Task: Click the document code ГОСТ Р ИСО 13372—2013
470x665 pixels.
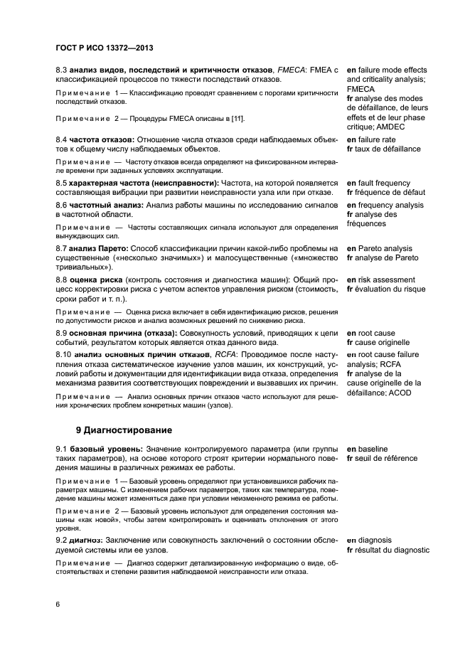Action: [105, 48]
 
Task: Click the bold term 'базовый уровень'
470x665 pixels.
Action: [105, 449]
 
